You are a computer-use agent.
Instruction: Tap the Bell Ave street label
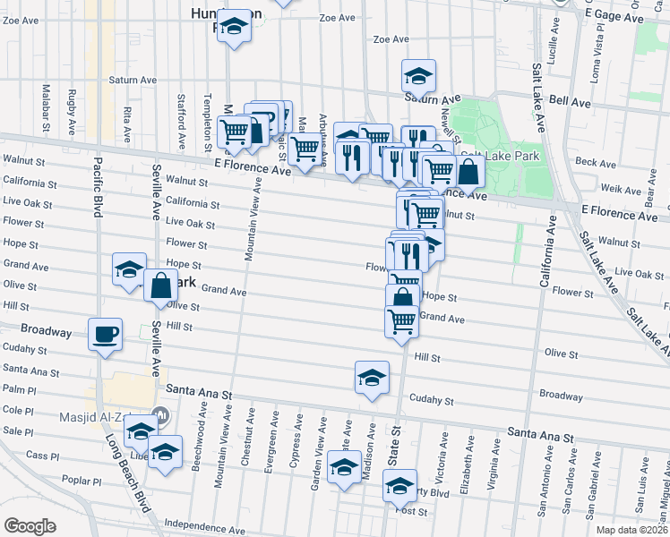click(570, 103)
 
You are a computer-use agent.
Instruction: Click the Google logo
click(30, 526)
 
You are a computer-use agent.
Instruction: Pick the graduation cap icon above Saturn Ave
click(418, 78)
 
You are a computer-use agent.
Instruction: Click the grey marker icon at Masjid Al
click(162, 415)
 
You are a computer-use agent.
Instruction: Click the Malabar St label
click(45, 110)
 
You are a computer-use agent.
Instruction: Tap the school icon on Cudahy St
click(372, 377)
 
